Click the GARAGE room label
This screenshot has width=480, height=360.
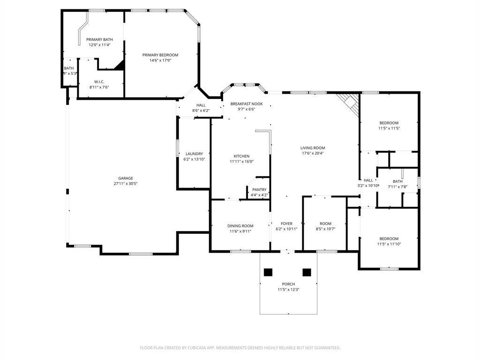tap(126, 178)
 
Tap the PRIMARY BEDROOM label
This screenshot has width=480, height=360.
tap(160, 55)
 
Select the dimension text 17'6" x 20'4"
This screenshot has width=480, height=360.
tap(313, 153)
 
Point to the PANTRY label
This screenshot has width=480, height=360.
tap(259, 190)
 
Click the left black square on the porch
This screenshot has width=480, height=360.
tap(268, 272)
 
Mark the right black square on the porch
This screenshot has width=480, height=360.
tap(307, 272)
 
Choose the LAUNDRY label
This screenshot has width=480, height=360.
tap(194, 154)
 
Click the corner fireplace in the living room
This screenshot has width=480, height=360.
tap(349, 103)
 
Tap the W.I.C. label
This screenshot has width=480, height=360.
tap(99, 82)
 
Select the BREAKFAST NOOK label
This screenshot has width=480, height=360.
tap(247, 104)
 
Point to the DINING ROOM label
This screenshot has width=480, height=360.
tap(240, 226)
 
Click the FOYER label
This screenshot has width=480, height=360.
tap(286, 224)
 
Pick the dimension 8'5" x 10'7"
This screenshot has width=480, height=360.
tap(325, 229)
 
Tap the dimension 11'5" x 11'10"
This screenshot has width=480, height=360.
tap(389, 244)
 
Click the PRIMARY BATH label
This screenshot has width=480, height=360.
tap(99, 39)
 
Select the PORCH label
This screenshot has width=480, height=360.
tap(288, 284)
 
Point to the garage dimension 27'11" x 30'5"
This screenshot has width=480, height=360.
tap(126, 184)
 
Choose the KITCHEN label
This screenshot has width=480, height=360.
tap(241, 156)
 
